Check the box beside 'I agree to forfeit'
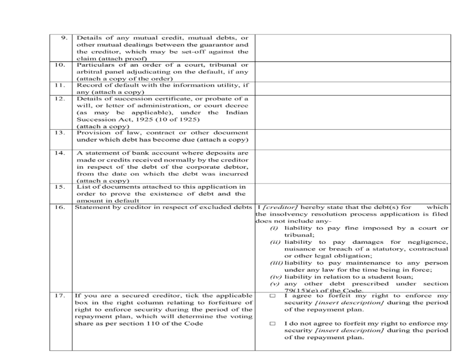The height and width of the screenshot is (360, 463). pyautogui.click(x=272, y=296)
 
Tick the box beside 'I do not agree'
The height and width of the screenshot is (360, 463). pyautogui.click(x=272, y=324)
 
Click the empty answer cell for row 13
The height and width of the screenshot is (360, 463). pyautogui.click(x=353, y=139)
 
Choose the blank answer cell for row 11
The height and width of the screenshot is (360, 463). pyautogui.click(x=353, y=88)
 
